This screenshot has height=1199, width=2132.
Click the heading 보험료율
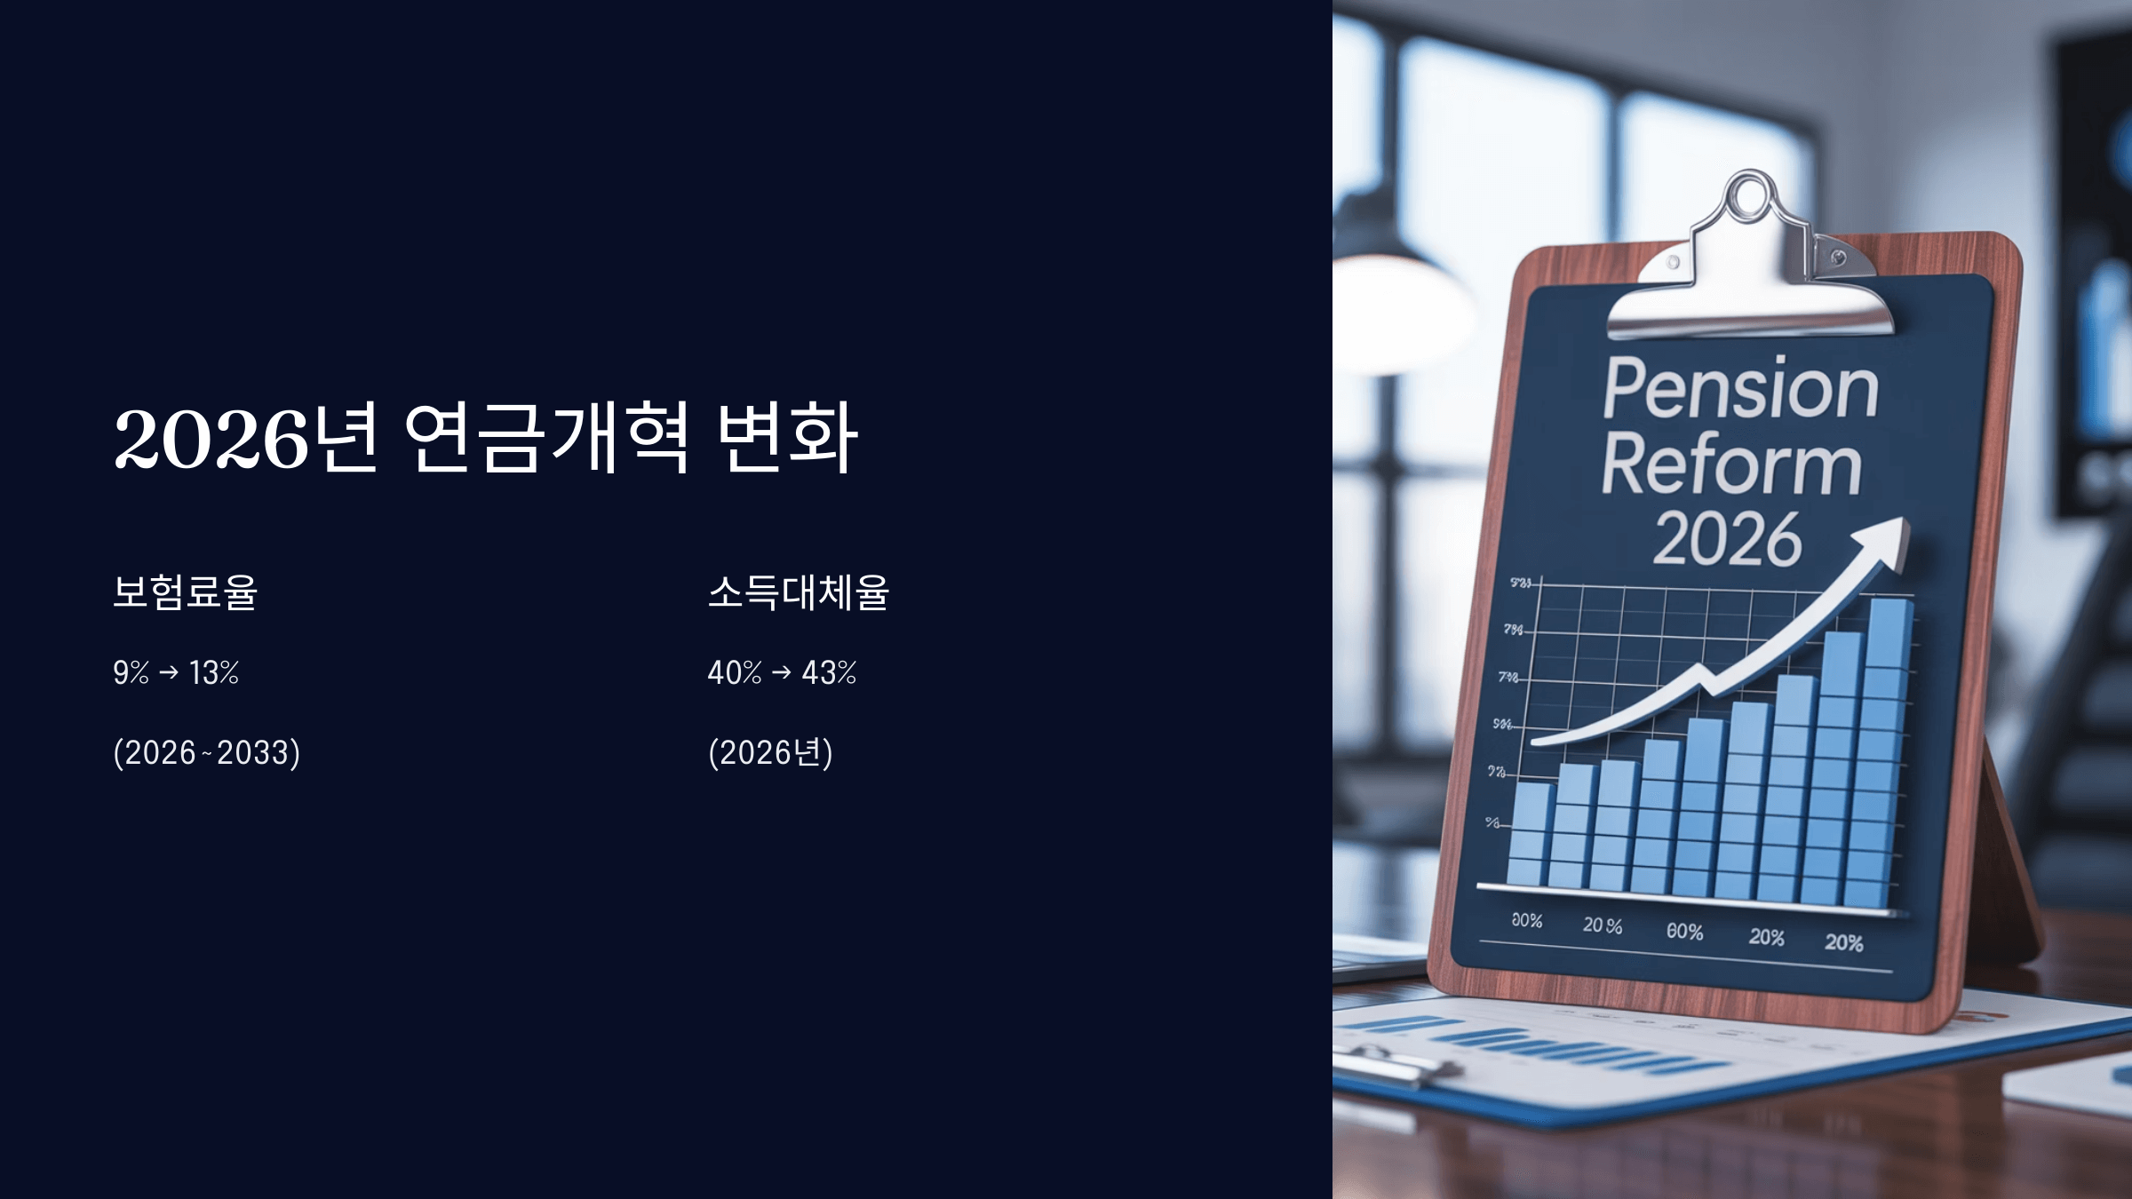pyautogui.click(x=185, y=592)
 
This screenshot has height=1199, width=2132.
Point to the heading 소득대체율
pyautogui.click(x=798, y=592)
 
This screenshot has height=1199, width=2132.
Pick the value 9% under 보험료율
pyautogui.click(x=131, y=672)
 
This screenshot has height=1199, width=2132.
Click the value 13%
pyautogui.click(x=214, y=672)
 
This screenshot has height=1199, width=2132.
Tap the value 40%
pyautogui.click(x=734, y=672)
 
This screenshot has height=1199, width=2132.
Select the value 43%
pyautogui.click(x=829, y=672)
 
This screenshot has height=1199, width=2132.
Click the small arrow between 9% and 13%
pyautogui.click(x=169, y=673)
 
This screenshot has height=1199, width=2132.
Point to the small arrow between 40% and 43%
pyautogui.click(x=782, y=673)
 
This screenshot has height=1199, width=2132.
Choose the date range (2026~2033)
pyautogui.click(x=206, y=753)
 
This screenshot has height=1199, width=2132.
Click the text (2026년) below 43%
pyautogui.click(x=770, y=753)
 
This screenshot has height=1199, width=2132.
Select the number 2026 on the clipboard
pyautogui.click(x=1727, y=538)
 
